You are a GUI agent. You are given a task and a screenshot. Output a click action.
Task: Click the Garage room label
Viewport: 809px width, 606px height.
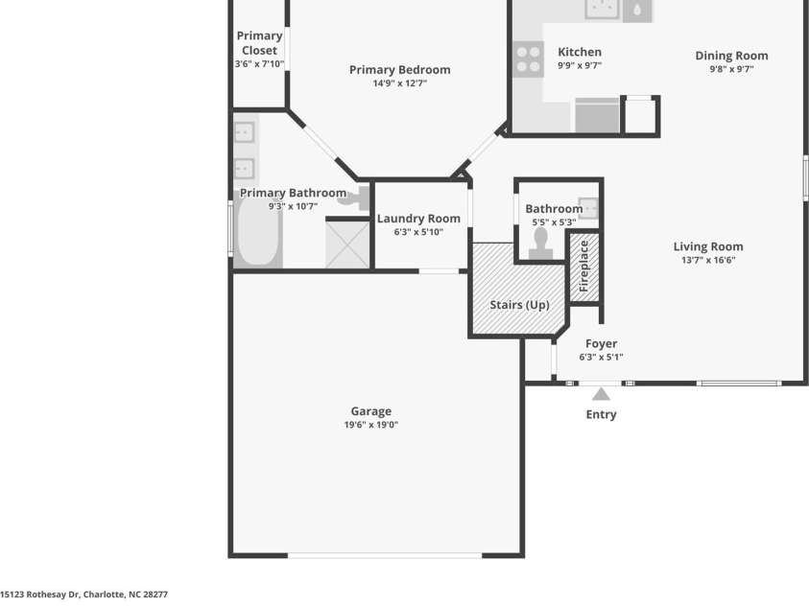point(371,411)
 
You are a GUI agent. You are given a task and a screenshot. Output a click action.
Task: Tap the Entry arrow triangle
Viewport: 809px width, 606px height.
point(601,394)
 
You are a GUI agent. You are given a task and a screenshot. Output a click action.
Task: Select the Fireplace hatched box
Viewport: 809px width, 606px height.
point(584,267)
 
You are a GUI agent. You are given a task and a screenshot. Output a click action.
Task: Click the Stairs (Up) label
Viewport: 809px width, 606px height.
point(519,305)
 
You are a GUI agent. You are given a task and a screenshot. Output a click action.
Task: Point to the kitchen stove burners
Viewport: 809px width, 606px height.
point(529,59)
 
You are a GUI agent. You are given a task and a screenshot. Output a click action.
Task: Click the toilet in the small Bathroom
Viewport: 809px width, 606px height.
point(540,244)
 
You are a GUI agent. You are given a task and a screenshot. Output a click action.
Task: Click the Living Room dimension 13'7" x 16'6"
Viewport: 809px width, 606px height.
point(708,260)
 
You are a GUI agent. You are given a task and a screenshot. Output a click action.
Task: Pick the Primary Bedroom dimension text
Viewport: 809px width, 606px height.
point(400,83)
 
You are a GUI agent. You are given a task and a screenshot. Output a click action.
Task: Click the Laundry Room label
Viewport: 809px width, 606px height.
point(418,219)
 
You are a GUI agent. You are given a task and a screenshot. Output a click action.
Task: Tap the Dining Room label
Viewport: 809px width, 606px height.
point(731,56)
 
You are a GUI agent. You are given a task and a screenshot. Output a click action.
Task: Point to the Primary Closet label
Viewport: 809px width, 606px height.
point(259,43)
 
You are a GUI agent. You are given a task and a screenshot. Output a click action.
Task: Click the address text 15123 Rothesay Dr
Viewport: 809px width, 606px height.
point(39,594)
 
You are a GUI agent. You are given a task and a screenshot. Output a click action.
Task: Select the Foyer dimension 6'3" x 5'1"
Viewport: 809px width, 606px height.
point(601,357)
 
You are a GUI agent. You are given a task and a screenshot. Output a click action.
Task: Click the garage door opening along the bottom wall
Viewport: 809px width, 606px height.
point(385,555)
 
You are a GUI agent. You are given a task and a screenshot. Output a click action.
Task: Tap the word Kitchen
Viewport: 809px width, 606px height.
point(580,52)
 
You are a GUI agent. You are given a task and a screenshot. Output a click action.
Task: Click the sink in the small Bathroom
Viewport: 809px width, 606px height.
point(588,208)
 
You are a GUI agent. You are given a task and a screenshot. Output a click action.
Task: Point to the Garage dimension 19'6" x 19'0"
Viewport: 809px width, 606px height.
point(371,425)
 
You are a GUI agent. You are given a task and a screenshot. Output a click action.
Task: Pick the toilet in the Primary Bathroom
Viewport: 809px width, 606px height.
point(354,198)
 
